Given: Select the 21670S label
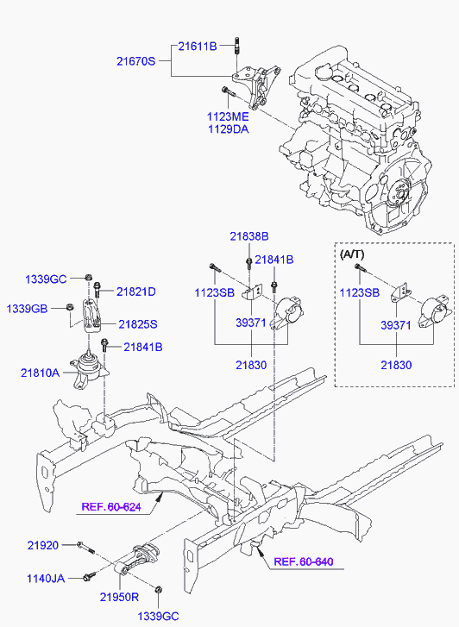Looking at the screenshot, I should click(136, 61).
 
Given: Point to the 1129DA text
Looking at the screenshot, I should click(227, 129).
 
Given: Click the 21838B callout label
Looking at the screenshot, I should click(248, 235).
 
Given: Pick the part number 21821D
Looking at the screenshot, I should click(136, 292).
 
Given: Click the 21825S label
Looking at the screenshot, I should click(137, 324).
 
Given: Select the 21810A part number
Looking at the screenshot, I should click(41, 373).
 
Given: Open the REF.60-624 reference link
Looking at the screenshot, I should click(111, 506).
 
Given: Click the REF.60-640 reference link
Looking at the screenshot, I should click(303, 562).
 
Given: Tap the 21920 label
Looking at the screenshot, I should click(41, 545).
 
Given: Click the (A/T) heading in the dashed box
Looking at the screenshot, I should click(354, 254).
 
